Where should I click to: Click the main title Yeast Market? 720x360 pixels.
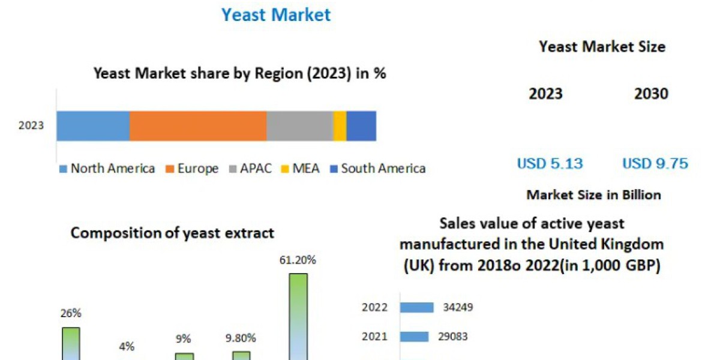[x=276, y=14]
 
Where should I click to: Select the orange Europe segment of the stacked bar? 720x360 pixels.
[x=198, y=126]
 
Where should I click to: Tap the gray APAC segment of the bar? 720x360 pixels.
[x=299, y=126]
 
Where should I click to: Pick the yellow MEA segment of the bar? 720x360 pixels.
[x=340, y=126]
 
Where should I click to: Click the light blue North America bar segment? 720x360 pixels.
[x=93, y=126]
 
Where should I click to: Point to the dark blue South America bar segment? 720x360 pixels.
[x=361, y=126]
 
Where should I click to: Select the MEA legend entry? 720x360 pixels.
[x=302, y=169]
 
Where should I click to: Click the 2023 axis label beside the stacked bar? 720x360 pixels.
[x=31, y=126]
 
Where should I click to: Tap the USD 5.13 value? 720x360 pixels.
[x=550, y=163]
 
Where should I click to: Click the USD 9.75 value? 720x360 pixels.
[x=655, y=163]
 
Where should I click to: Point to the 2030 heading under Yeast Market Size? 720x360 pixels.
[x=651, y=94]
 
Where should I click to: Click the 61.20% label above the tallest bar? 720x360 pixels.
[x=298, y=260]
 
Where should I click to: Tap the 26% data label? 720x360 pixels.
[x=71, y=313]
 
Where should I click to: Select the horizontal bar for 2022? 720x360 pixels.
[x=416, y=308]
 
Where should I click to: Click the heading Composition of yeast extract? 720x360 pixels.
[x=172, y=233]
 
